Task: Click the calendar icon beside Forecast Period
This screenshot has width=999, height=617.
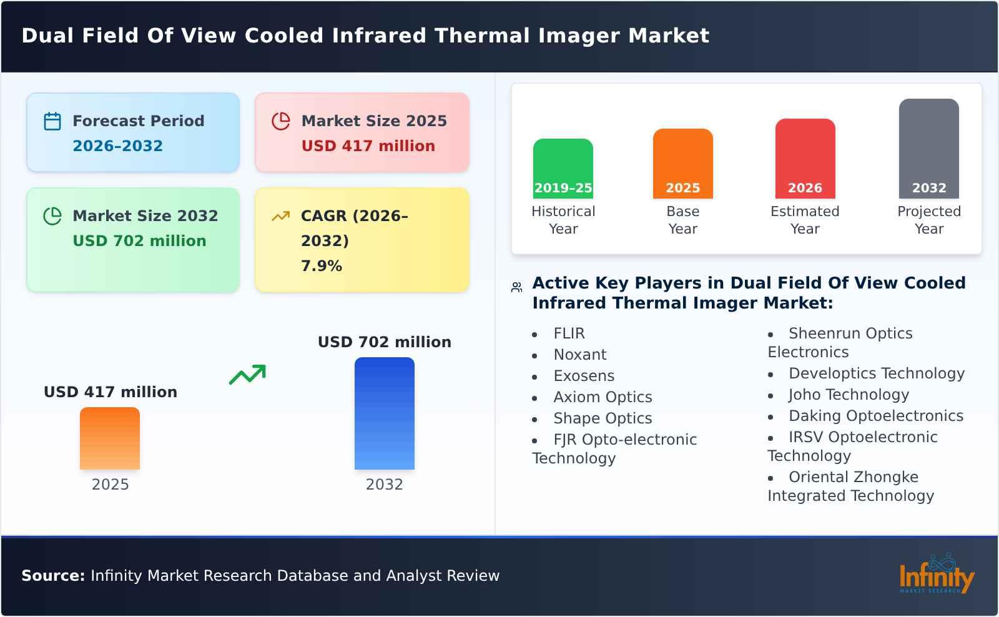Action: (x=52, y=121)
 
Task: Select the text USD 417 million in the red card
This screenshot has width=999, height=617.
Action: (x=368, y=146)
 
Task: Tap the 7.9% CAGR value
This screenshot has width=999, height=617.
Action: (x=321, y=266)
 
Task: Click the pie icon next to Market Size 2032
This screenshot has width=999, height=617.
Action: (x=52, y=216)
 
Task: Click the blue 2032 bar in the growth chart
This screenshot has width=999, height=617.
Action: (x=384, y=413)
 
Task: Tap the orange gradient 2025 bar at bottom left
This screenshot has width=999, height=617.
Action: (x=110, y=438)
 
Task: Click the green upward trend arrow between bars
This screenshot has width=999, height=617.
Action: (x=247, y=375)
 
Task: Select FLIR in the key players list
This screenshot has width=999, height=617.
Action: (x=569, y=333)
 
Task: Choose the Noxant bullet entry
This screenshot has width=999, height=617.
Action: (x=579, y=355)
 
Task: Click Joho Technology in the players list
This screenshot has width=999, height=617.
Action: (x=848, y=395)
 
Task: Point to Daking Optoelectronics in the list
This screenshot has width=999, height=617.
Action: (x=875, y=416)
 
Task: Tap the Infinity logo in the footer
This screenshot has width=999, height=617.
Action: (x=936, y=575)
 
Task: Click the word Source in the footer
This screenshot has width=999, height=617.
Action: (x=52, y=576)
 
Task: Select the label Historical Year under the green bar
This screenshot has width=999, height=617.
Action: (x=563, y=220)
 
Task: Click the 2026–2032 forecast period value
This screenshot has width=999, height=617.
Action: (x=117, y=146)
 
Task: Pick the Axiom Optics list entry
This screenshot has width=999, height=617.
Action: (x=602, y=397)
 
